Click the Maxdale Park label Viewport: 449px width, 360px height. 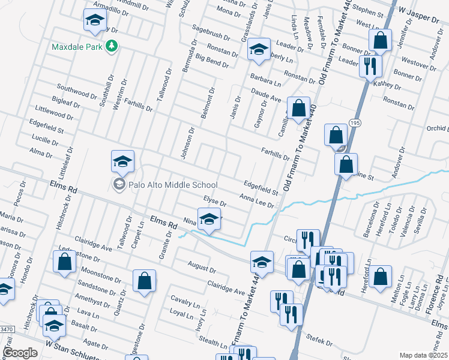click(x=77, y=46)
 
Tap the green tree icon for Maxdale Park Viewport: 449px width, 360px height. click(x=111, y=46)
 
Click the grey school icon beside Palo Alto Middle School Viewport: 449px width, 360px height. click(x=119, y=184)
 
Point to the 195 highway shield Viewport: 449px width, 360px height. click(x=355, y=123)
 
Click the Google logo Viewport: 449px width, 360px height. click(x=20, y=353)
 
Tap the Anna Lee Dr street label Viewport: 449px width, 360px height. click(x=256, y=200)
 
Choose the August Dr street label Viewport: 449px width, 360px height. click(x=200, y=266)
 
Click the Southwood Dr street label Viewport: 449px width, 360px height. click(x=77, y=92)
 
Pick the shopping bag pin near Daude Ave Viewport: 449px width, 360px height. click(x=298, y=109)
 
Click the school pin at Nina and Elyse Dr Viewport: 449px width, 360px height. click(x=209, y=220)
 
